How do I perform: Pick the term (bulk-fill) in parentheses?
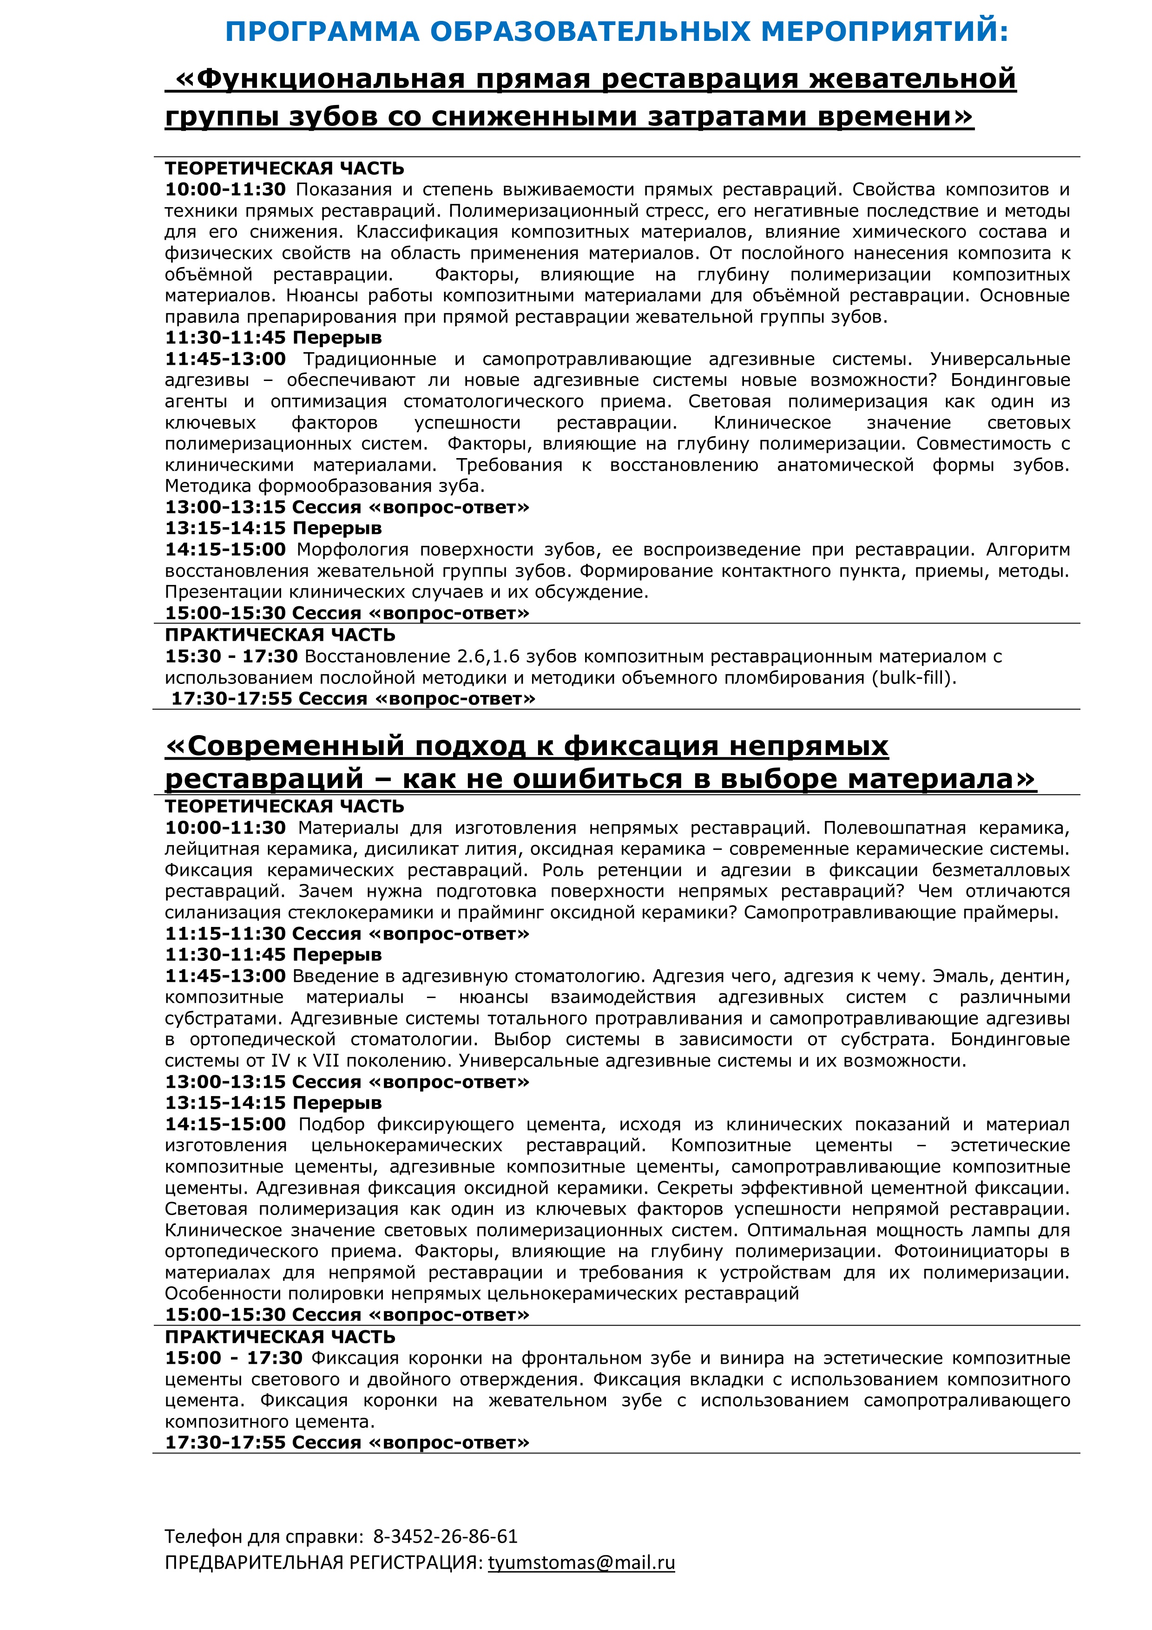(914, 678)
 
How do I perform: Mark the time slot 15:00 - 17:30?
(234, 1358)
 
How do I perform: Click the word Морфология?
(349, 550)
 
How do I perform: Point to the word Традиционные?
(370, 359)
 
